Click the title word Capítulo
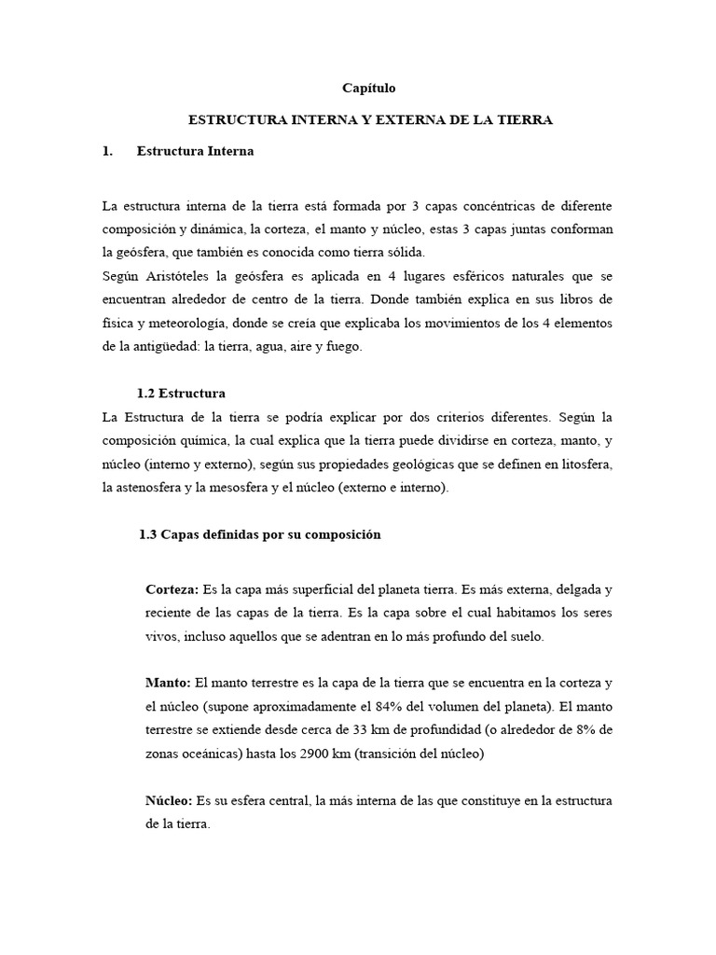[370, 89]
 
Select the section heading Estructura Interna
[194, 151]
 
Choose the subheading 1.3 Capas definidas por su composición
[259, 535]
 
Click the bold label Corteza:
[172, 590]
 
